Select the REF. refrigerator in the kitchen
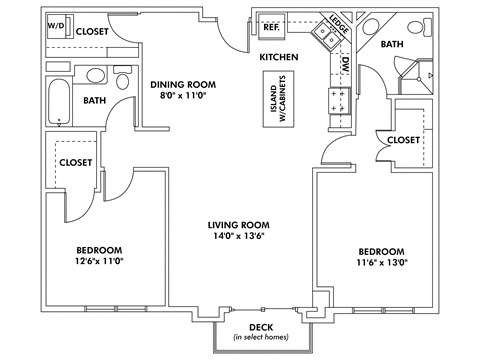(270, 27)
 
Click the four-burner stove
(337, 100)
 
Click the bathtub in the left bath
(60, 102)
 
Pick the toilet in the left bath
(123, 80)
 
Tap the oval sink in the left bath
(94, 75)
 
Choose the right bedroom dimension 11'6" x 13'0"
(381, 263)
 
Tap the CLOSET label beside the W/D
(91, 31)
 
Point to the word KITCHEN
(279, 58)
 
